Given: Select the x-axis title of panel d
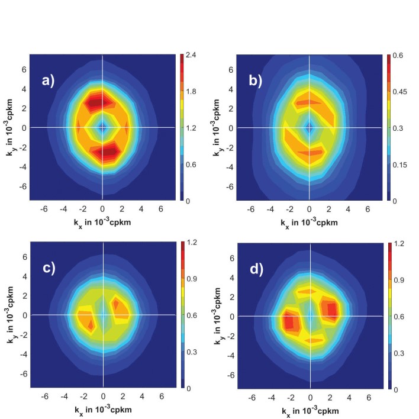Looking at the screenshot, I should tap(310, 410).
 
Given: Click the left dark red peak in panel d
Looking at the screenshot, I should tap(289, 323).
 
